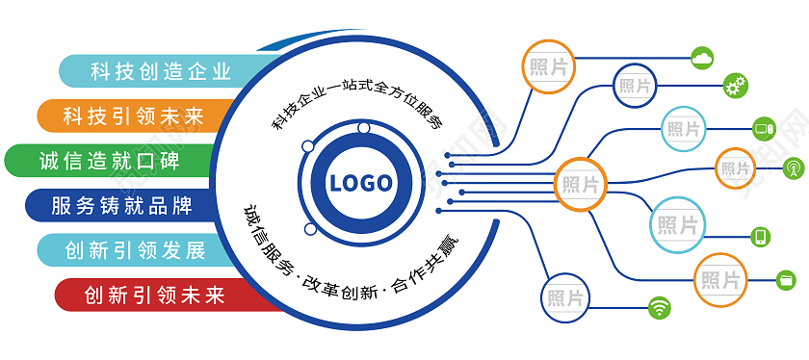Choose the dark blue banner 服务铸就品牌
pos(121,205)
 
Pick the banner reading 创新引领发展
pos(134,250)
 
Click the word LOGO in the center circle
pos(360,183)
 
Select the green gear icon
pos(736,86)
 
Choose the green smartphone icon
pos(760,236)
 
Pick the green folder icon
pos(787,279)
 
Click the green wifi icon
pos(660,308)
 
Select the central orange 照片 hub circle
pos(581,183)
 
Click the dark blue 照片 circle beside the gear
pos(636,86)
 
